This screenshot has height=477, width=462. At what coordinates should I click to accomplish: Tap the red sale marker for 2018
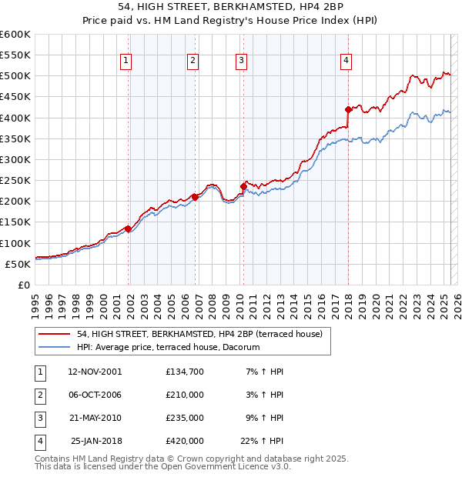pos(348,109)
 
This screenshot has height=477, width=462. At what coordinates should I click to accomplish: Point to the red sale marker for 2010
pos(243,186)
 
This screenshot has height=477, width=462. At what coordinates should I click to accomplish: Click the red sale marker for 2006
pos(195,197)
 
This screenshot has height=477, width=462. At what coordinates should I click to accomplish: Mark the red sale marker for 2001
pos(129,228)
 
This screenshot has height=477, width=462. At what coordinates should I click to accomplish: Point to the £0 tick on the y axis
pos(25,285)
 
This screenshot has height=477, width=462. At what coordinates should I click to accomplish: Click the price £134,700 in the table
pos(184,372)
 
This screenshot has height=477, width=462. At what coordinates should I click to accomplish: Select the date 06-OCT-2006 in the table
pos(95,395)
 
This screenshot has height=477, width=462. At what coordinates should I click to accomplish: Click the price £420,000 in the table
pos(184,441)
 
